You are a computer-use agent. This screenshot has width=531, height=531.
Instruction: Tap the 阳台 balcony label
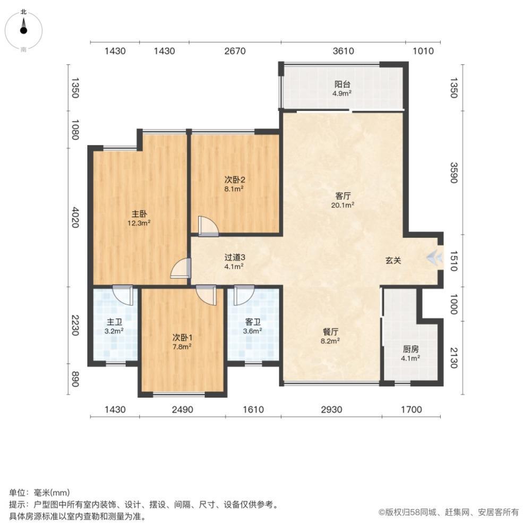[x=342, y=84]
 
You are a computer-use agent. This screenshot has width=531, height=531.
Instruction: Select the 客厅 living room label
[x=342, y=196]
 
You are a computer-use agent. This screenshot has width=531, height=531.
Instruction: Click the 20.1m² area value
[x=342, y=205]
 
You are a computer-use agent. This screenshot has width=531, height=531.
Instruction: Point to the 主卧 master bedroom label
[x=139, y=213]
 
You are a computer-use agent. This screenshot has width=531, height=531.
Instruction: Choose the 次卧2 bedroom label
[x=234, y=179]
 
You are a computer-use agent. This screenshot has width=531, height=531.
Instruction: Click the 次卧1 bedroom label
[x=182, y=337]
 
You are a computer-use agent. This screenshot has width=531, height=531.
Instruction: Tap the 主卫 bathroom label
[x=114, y=322]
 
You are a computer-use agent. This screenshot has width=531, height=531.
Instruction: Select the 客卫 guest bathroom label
[x=253, y=322]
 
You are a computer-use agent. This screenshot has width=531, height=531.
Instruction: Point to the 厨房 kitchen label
[x=410, y=349]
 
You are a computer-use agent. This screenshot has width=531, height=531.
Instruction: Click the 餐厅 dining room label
[x=330, y=332]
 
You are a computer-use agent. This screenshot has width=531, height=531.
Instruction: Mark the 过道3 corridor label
[x=235, y=258]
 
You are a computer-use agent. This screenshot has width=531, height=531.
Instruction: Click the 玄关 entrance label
[x=393, y=260]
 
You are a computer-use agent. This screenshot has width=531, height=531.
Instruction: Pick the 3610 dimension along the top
[x=344, y=51]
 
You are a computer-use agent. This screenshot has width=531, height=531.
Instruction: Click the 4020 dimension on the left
[x=75, y=217]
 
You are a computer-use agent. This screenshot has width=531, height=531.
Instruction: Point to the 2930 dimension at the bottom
[x=331, y=409]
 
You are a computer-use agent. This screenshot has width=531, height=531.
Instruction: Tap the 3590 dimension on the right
[x=454, y=173]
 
